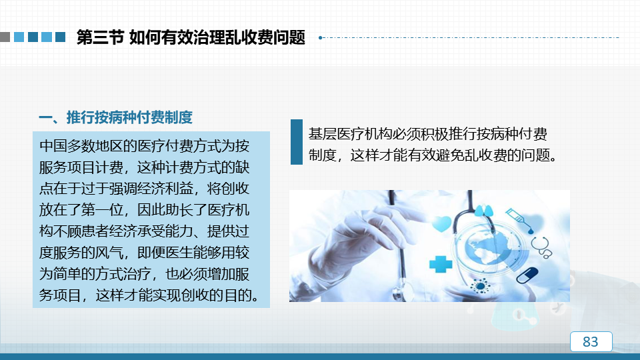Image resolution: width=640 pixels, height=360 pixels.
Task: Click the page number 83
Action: (591, 341)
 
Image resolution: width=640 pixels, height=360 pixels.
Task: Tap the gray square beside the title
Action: (5, 37)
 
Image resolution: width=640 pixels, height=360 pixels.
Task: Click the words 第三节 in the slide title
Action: (100, 37)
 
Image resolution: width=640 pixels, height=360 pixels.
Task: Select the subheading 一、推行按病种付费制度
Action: (115, 117)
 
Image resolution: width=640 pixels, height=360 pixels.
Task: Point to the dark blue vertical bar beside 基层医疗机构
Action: (296, 142)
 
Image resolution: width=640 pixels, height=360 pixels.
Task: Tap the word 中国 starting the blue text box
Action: (53, 146)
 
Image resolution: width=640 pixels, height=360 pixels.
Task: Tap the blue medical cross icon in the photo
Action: (441, 264)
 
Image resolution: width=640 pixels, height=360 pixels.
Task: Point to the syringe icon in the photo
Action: (519, 221)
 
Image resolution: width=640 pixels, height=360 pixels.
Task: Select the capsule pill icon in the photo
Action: (527, 275)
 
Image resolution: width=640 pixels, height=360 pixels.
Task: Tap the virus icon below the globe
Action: (481, 286)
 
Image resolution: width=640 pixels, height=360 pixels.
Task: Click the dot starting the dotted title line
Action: (321, 37)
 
